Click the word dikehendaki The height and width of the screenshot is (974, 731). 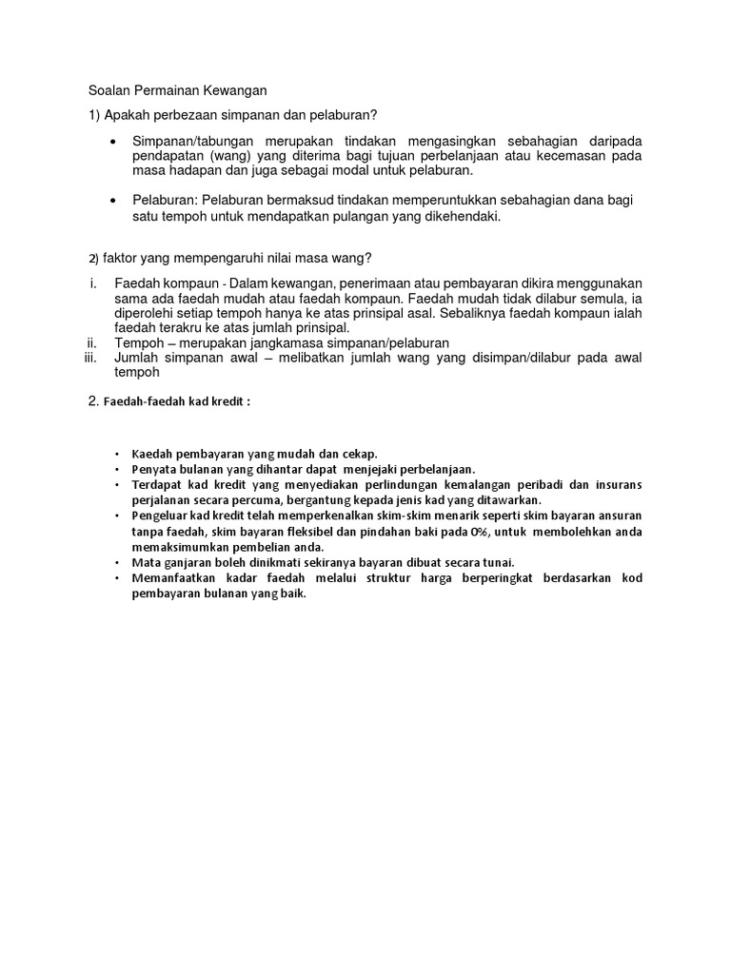[461, 216]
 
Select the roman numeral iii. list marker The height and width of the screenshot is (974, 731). [91, 358]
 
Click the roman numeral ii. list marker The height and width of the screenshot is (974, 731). [93, 342]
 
